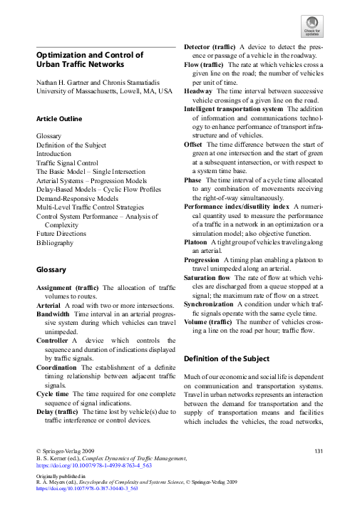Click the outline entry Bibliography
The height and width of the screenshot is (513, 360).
point(55,242)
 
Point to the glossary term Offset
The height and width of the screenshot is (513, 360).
point(192,143)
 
